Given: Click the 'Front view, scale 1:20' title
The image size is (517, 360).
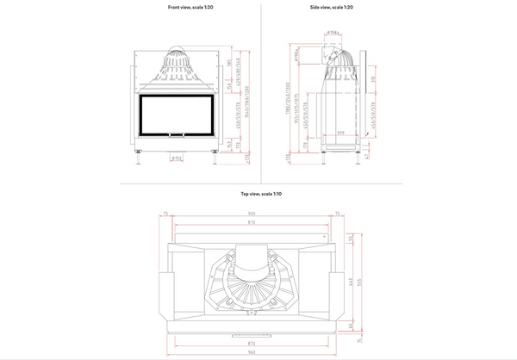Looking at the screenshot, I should point(190,7).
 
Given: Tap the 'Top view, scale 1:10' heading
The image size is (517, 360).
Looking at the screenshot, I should point(261,194).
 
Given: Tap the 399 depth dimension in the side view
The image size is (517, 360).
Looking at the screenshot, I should point(341,133).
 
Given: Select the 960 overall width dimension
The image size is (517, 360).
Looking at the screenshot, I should point(251,352).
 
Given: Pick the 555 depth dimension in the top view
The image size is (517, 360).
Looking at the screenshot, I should point(361,282).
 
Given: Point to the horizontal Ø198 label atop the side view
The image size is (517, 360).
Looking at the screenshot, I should point(333,34).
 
